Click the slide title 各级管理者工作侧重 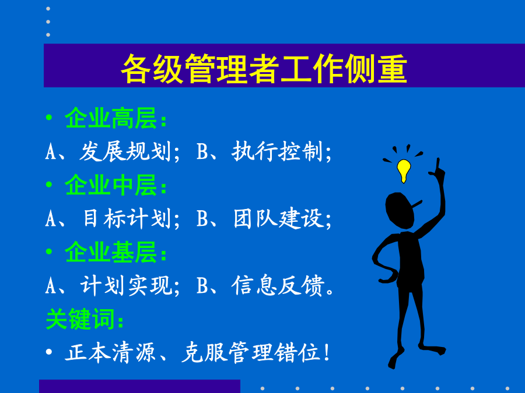pyautogui.click(x=264, y=69)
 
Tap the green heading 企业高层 pyautogui.click(x=111, y=118)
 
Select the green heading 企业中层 pyautogui.click(x=111, y=185)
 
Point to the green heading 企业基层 pyautogui.click(x=111, y=252)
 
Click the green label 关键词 pyautogui.click(x=80, y=319)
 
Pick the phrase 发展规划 pyautogui.click(x=125, y=151)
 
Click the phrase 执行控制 pyautogui.click(x=277, y=151)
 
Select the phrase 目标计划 pyautogui.click(x=127, y=218)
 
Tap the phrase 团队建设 pyautogui.click(x=279, y=218)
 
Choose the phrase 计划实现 pyautogui.click(x=126, y=285)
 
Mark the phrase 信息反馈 pyautogui.click(x=278, y=285)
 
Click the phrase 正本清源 pyautogui.click(x=110, y=352)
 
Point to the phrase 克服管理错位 pyautogui.click(x=250, y=352)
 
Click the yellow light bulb pyautogui.click(x=404, y=171)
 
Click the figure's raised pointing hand pyautogui.click(x=438, y=169)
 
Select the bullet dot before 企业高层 pyautogui.click(x=49, y=117)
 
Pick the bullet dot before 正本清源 pyautogui.click(x=49, y=352)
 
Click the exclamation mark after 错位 pyautogui.click(x=327, y=352)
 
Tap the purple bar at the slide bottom pyautogui.click(x=139, y=387)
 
